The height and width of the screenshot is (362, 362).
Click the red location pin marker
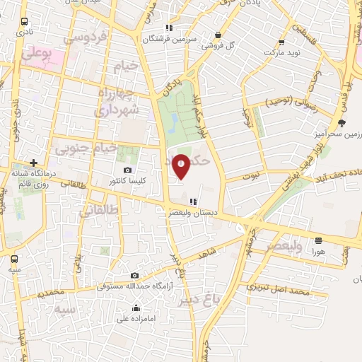click(x=181, y=165)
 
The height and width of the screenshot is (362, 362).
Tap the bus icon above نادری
click(x=25, y=22)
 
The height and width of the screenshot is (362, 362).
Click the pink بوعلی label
click(x=36, y=53)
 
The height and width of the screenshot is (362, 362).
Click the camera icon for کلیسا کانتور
click(x=127, y=170)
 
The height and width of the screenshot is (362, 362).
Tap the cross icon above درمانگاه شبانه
click(x=33, y=162)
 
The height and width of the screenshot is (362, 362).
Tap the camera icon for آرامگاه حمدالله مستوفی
click(x=134, y=275)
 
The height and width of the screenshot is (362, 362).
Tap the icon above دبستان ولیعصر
click(x=193, y=202)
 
